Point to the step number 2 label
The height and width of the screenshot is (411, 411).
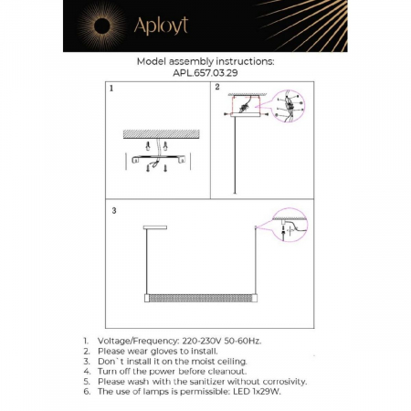[218, 89]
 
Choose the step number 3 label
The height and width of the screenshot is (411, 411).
[113, 211]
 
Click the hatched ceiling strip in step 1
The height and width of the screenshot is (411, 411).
[161, 132]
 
